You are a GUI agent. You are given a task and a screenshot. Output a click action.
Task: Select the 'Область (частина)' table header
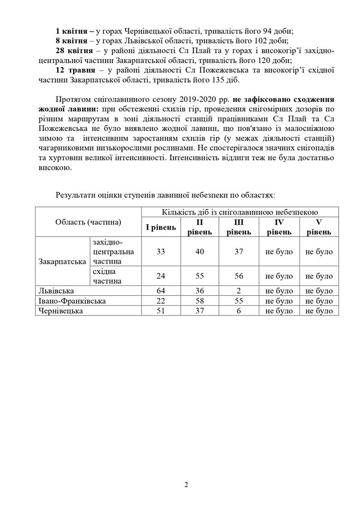point(88,222)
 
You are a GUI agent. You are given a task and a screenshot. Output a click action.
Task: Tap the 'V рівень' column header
point(319,227)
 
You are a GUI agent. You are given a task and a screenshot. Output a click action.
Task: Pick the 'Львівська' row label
point(56,291)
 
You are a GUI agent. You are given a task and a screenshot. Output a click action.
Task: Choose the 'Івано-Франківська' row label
point(71,301)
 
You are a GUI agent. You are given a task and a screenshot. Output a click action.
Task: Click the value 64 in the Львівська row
point(161,291)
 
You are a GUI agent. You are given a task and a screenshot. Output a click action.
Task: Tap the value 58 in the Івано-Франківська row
point(200,301)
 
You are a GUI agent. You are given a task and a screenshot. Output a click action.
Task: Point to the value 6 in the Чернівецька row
point(239,311)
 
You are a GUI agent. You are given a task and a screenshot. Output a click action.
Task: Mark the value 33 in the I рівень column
point(161,252)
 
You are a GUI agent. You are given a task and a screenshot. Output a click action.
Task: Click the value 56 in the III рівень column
point(239,276)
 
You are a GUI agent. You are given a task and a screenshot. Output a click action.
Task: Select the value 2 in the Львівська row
point(239,291)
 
